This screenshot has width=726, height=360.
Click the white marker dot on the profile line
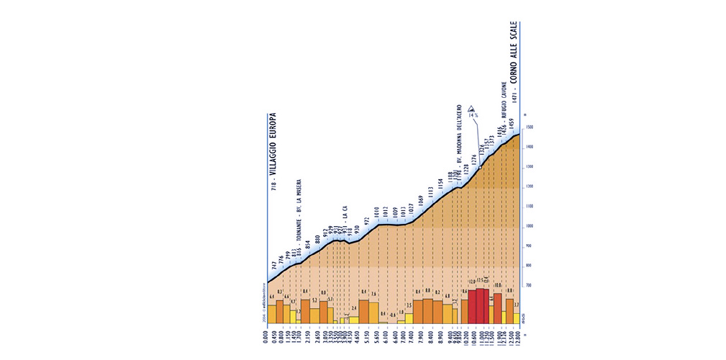point(481,168)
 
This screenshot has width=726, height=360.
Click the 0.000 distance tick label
point(267,339)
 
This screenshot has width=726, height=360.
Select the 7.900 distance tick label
point(418,339)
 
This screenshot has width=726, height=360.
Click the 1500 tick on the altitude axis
point(528,128)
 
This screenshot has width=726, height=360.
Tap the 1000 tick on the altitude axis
point(528,226)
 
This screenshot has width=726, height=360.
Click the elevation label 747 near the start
point(273,266)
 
